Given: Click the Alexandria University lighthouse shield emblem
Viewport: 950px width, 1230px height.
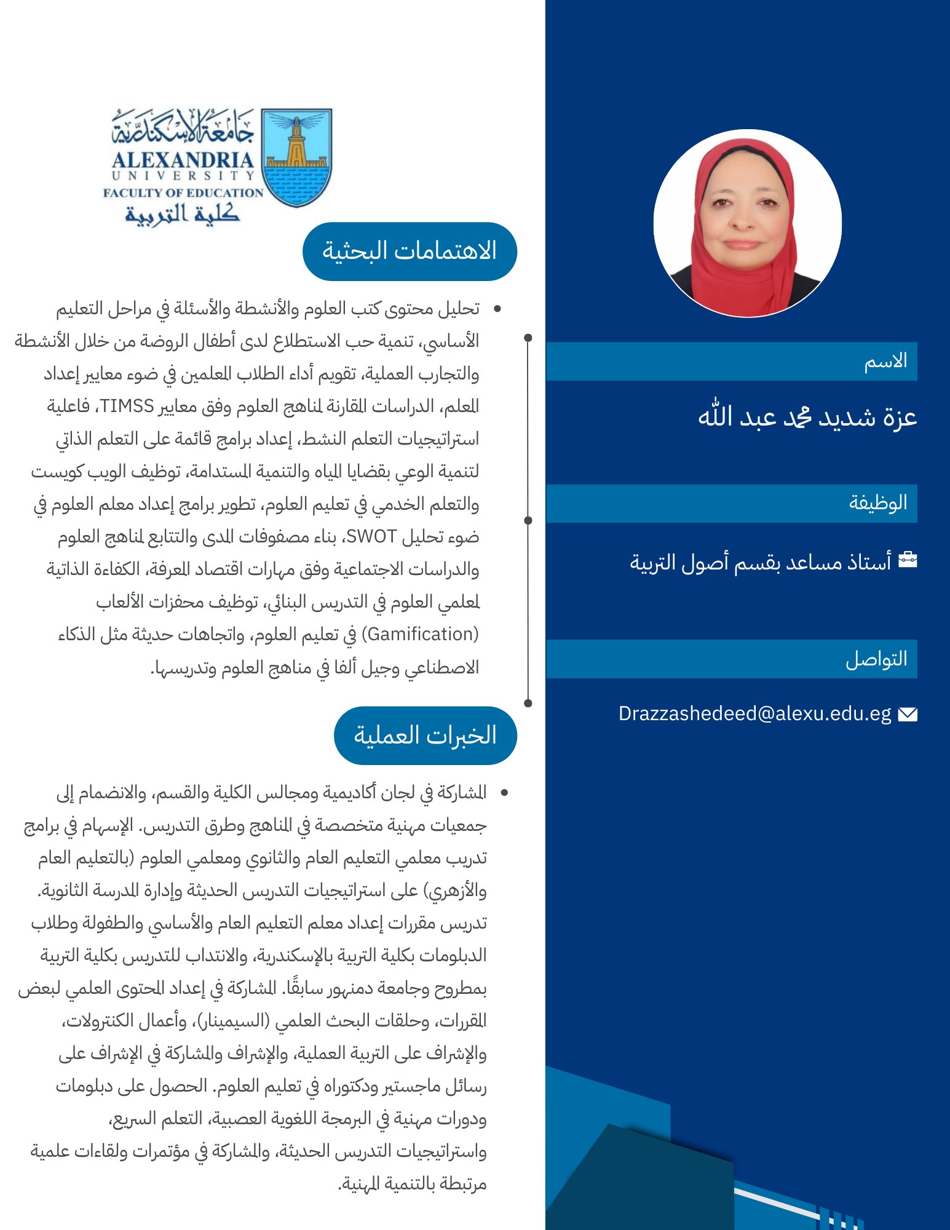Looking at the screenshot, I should (x=296, y=157).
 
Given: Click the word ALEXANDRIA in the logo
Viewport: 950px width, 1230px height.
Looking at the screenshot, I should (x=183, y=161).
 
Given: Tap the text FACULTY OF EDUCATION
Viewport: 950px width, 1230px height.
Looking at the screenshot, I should (x=183, y=192).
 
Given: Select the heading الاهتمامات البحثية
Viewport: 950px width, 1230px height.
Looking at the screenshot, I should (x=410, y=252).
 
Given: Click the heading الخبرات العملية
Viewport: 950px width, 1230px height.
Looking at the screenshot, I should (x=425, y=736).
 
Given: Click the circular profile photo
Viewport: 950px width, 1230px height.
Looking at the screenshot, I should (x=747, y=223).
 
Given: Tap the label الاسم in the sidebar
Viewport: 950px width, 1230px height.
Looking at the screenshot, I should (x=885, y=361).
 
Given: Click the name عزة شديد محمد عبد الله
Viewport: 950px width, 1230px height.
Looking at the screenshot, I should (x=807, y=417).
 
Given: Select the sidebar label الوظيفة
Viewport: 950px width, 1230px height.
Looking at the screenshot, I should (x=878, y=503).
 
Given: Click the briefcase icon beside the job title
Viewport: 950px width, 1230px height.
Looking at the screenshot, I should (x=908, y=560).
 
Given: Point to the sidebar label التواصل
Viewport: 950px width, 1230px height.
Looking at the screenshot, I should (x=876, y=659).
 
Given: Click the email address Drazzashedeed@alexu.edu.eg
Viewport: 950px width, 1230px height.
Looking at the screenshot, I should (x=754, y=713).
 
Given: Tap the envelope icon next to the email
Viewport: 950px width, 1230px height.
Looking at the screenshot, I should (x=908, y=714).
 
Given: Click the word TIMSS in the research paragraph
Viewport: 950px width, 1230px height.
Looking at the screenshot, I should (x=127, y=406).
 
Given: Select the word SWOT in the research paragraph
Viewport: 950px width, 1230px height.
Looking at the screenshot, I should (x=371, y=537).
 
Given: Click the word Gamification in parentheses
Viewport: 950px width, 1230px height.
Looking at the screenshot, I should (x=421, y=634).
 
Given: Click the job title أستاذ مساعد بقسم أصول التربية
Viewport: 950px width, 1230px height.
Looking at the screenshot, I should (x=760, y=561).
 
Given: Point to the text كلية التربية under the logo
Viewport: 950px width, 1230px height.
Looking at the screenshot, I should (x=182, y=214).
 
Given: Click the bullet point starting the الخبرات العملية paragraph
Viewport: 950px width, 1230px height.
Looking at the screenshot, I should (x=504, y=793).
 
